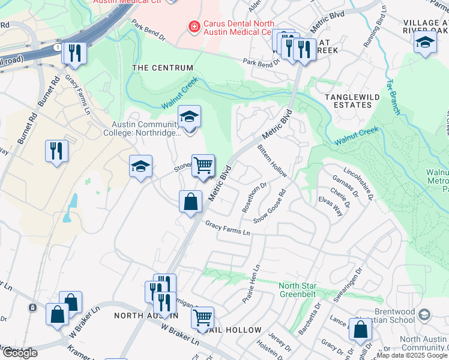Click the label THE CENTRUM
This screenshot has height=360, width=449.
[163, 68]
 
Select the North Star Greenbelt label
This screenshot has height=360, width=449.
[306, 289]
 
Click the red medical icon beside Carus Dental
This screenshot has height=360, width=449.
[193, 26]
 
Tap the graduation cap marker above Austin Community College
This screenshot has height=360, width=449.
[189, 117]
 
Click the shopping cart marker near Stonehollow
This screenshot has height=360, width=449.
[203, 166]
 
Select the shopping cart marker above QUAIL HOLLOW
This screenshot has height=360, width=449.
[202, 317]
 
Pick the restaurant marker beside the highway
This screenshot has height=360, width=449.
[75, 53]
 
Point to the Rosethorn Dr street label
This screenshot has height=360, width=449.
[251, 198]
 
